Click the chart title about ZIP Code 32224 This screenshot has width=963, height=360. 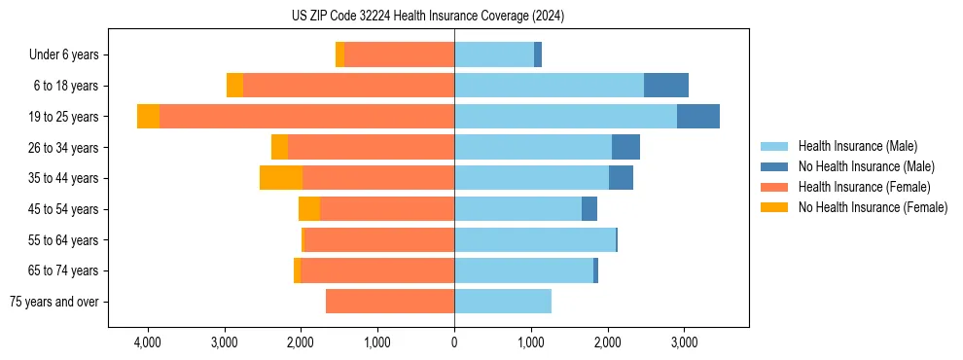(x=427, y=17)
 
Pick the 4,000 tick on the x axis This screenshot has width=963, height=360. (x=148, y=342)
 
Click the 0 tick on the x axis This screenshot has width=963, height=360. (x=454, y=342)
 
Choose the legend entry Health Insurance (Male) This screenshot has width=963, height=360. (x=857, y=146)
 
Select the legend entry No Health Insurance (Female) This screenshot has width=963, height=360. (x=873, y=207)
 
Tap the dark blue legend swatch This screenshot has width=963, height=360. (x=775, y=166)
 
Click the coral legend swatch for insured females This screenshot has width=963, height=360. (x=775, y=187)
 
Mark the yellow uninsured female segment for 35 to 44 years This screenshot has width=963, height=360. (x=281, y=178)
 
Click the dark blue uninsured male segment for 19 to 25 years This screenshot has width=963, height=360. (x=698, y=117)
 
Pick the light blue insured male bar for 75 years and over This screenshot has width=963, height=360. (x=503, y=302)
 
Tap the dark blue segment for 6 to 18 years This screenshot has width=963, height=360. (x=666, y=86)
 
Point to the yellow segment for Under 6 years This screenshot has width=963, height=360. (x=339, y=55)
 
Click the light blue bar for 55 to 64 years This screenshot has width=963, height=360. (x=535, y=239)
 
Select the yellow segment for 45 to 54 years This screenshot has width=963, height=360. (x=309, y=209)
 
